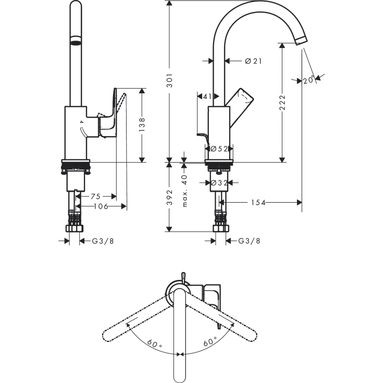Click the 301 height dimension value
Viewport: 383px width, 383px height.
169,81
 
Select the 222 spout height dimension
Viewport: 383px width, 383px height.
282,103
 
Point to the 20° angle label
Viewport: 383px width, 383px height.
309,80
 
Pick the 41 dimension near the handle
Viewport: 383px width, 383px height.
206,96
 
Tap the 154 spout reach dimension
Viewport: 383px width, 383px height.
256,202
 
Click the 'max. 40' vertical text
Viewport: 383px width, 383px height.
184,191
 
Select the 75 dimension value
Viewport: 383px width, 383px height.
95,196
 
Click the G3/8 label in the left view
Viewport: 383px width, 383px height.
103,241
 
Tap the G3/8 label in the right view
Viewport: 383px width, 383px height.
249,241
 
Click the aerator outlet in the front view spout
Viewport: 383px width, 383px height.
76,42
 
